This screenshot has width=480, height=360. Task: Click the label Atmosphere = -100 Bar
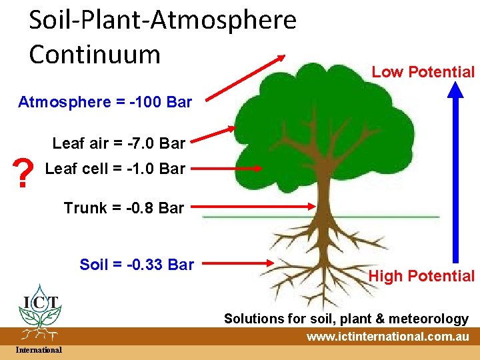[105, 102]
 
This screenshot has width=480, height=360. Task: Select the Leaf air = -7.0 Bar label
[119, 143]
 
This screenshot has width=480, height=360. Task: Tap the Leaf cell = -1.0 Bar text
[115, 169]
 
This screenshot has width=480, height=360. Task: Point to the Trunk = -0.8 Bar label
[124, 208]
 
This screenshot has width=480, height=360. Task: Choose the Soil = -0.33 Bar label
[137, 265]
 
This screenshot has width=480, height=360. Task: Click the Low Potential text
[423, 72]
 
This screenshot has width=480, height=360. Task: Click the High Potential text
[421, 276]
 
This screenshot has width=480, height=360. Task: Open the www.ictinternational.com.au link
[387, 337]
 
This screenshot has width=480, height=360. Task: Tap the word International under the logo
[39, 350]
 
